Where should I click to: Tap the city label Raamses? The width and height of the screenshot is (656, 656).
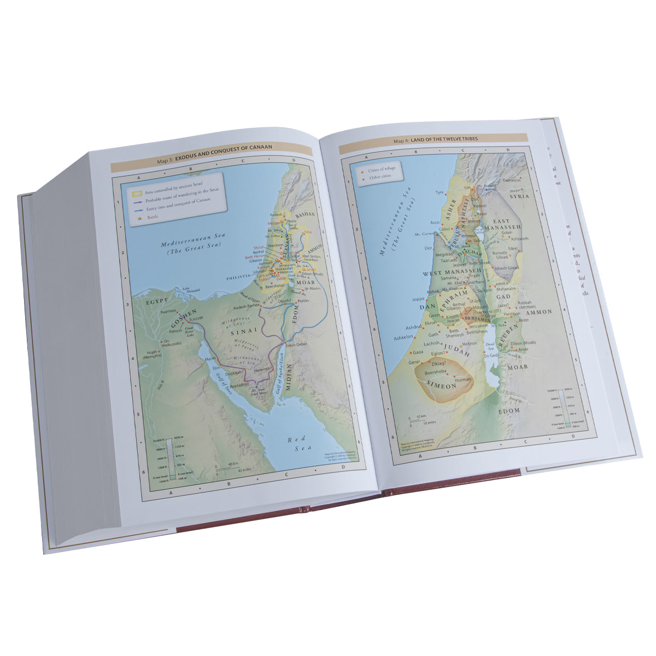(168, 311)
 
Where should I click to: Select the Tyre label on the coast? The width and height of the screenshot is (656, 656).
(438, 193)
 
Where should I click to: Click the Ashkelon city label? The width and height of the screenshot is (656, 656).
(403, 339)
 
